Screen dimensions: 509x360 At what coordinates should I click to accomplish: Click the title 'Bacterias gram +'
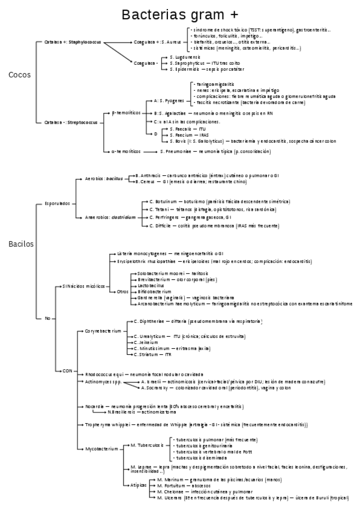[179, 14]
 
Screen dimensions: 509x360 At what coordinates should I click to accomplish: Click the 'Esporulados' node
[57, 203]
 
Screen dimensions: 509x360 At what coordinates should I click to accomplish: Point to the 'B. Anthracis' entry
[147, 175]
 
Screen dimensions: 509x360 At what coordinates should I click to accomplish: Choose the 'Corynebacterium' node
[103, 331]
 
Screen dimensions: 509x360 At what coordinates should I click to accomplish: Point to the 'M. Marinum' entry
[169, 480]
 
